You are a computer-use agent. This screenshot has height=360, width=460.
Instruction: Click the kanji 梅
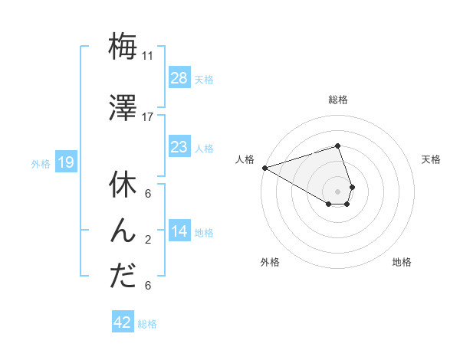tap(123, 46)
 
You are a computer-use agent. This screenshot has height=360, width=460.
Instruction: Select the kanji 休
tap(123, 185)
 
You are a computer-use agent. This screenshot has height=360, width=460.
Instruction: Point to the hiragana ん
tap(123, 231)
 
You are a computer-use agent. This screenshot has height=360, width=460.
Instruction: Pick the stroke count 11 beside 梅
tap(148, 56)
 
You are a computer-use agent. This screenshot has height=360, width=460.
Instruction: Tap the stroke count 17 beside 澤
tap(148, 117)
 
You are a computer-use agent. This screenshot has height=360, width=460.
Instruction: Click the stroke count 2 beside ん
tap(148, 240)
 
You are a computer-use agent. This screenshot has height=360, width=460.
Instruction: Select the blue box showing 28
tap(179, 78)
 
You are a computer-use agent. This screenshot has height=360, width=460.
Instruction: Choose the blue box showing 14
tap(179, 231)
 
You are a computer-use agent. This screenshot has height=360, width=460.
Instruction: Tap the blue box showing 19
tap(65, 162)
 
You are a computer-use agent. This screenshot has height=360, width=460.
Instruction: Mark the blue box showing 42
tap(123, 322)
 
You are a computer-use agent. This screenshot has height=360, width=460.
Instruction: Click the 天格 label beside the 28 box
tap(204, 79)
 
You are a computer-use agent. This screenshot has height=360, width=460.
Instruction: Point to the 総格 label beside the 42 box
tap(147, 324)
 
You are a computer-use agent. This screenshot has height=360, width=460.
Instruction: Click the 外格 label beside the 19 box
tap(41, 163)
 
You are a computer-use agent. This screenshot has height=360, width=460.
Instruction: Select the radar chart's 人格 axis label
tap(245, 159)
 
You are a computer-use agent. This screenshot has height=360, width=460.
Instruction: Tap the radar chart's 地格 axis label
tap(402, 262)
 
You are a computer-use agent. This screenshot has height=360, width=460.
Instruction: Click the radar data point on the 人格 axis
tap(264, 167)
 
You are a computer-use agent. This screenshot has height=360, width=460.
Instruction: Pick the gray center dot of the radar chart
tap(337, 191)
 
